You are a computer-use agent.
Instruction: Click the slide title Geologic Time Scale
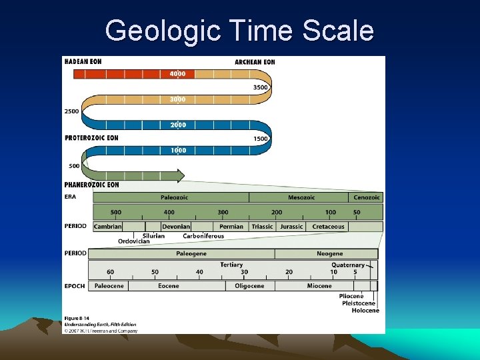click(x=239, y=31)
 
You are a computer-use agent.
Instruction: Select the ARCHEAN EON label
click(x=255, y=62)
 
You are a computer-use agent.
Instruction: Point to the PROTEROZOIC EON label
click(x=91, y=138)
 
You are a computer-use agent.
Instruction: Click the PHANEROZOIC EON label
click(x=92, y=184)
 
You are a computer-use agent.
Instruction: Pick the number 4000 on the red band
click(x=178, y=74)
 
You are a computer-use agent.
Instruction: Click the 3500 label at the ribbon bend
click(x=260, y=87)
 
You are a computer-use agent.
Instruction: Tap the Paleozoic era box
click(x=174, y=197)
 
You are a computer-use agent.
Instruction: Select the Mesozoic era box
click(x=301, y=197)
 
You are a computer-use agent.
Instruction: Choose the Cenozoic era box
click(x=366, y=197)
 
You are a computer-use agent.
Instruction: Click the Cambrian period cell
click(x=108, y=227)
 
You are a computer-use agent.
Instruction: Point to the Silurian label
click(x=153, y=236)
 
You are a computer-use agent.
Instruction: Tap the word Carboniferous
click(x=203, y=236)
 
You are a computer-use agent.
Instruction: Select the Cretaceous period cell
click(x=328, y=227)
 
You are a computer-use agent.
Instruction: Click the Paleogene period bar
click(x=191, y=254)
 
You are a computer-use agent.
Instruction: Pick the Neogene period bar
click(x=329, y=254)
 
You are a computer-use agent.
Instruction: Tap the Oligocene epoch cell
click(x=249, y=286)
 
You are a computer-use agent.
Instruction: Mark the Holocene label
click(x=365, y=311)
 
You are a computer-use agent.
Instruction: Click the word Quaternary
click(x=348, y=265)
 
